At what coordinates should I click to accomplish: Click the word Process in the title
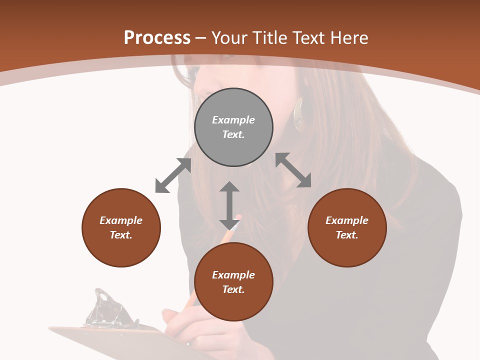pos(157,38)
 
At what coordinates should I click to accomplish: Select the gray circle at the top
pos(233,127)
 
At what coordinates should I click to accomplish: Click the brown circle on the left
pos(121,227)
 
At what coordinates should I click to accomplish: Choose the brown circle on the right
pos(347,227)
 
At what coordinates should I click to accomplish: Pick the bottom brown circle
pos(233,282)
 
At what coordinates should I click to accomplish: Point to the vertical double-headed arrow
pos(229,205)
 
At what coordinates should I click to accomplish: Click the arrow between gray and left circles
pos(173,175)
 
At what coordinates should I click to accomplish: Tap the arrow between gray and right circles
pos(293,170)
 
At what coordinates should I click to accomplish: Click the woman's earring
pos(299,114)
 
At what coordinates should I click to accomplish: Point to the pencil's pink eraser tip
pos(237,218)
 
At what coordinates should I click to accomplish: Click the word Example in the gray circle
pos(233,120)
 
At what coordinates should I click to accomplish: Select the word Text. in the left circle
pos(121,235)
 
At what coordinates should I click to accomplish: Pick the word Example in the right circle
pos(347,220)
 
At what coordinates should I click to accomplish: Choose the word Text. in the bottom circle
pos(233,289)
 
